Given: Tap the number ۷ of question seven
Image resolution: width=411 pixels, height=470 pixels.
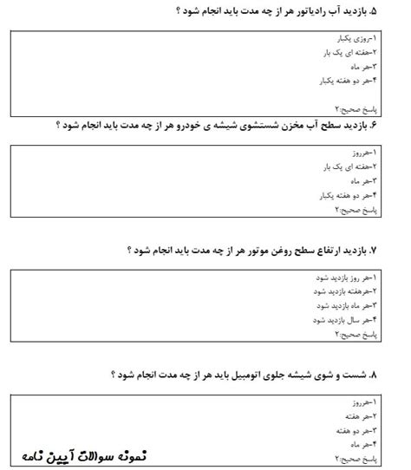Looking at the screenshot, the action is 397,250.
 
